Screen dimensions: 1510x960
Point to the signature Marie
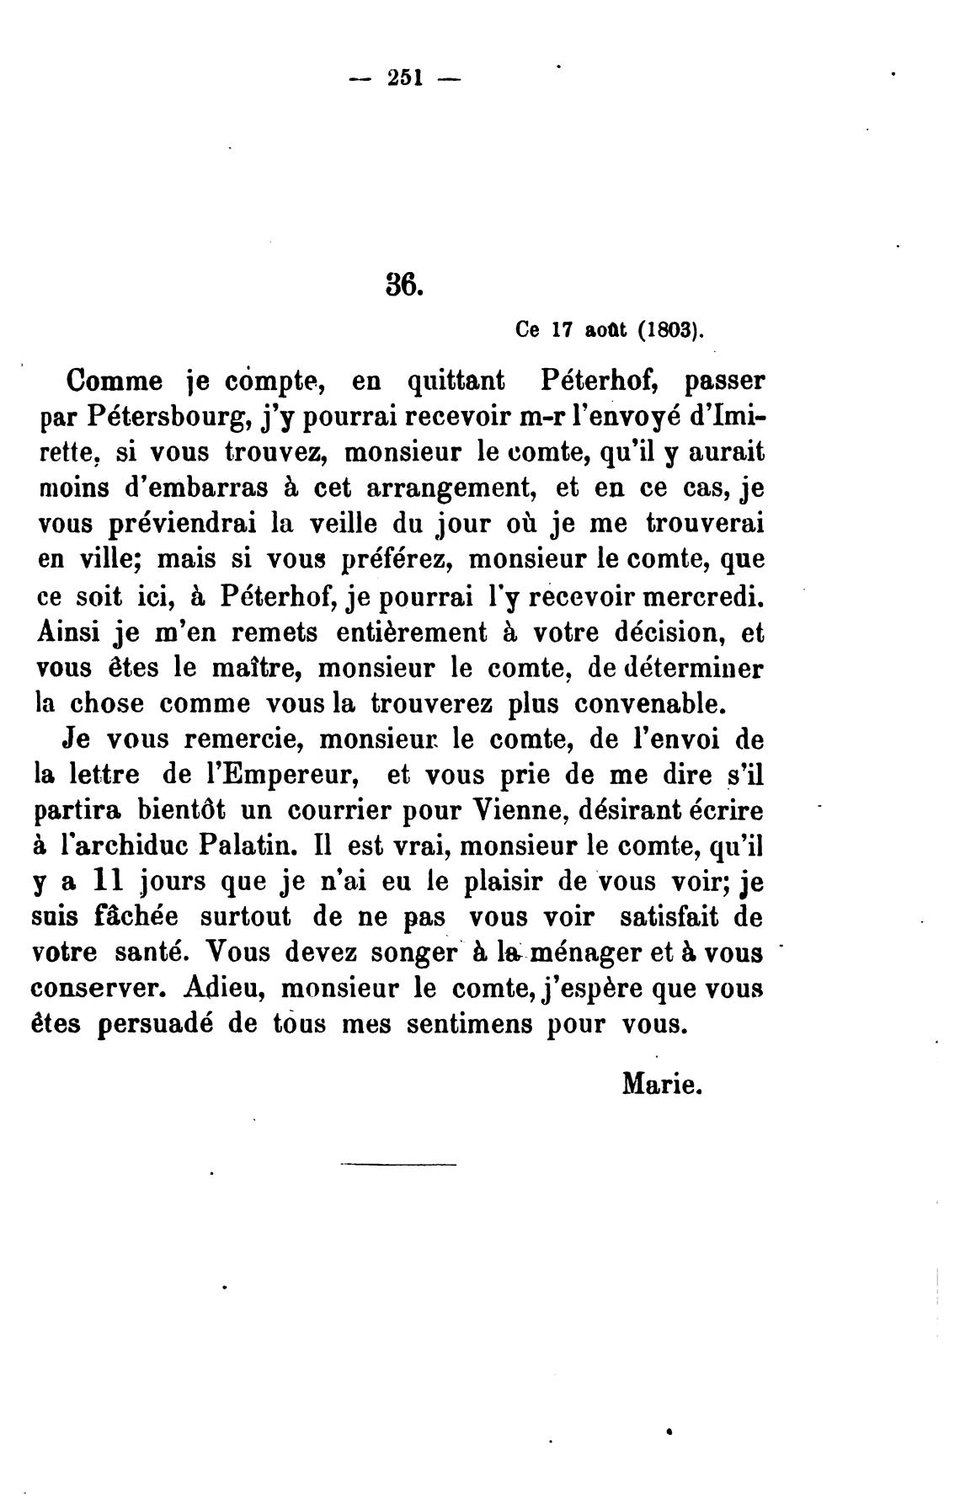(661, 1083)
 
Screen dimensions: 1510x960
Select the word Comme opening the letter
(115, 381)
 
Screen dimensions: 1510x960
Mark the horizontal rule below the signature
(397, 1165)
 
